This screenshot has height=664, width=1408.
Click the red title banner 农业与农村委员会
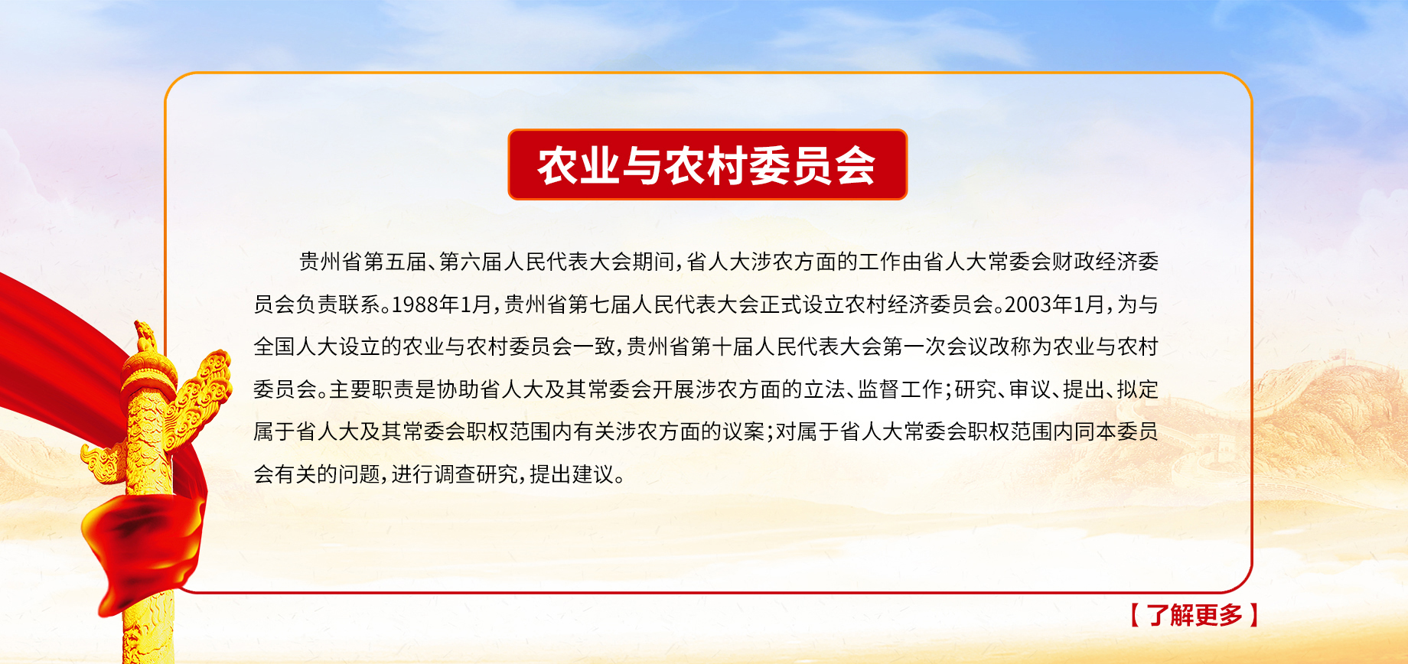coord(707,164)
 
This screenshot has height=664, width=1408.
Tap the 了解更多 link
coord(1195,615)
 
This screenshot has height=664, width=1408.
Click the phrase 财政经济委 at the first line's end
coord(1105,262)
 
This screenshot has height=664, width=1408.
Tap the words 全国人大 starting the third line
coord(296,347)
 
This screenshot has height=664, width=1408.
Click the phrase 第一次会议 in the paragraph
coord(935,347)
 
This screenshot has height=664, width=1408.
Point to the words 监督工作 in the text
coord(900,389)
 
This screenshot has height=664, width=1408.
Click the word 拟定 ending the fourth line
coord(1137,389)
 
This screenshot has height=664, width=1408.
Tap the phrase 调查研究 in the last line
coord(476,474)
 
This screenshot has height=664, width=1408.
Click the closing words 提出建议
coord(572,474)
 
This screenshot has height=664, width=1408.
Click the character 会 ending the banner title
coord(856,165)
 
